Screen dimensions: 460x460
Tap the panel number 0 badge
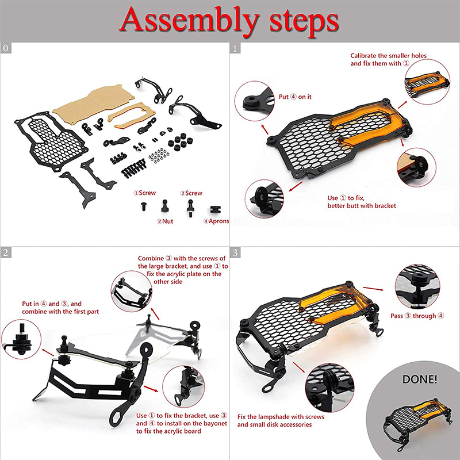[x=6, y=48]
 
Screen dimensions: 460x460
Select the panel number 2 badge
[x=6, y=252]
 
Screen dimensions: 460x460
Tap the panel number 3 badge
[x=235, y=252]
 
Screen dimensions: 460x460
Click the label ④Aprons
[x=216, y=221]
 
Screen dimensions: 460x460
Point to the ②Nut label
[x=165, y=221]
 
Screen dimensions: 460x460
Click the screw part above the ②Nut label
[x=165, y=206]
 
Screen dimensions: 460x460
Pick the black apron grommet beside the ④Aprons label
[x=216, y=209]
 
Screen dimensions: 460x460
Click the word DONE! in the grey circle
[x=420, y=379]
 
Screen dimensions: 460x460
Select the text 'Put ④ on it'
[x=295, y=97]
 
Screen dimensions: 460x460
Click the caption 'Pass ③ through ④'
[x=417, y=316]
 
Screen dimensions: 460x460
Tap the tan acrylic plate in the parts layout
[x=93, y=104]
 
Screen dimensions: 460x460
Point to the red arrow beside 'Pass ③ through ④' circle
[x=373, y=289]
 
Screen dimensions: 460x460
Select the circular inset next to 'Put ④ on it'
[x=254, y=101]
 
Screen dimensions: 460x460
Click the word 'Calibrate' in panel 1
[x=362, y=56]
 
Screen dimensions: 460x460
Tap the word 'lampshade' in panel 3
[x=275, y=417]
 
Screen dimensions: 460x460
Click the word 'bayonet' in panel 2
[x=216, y=424]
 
